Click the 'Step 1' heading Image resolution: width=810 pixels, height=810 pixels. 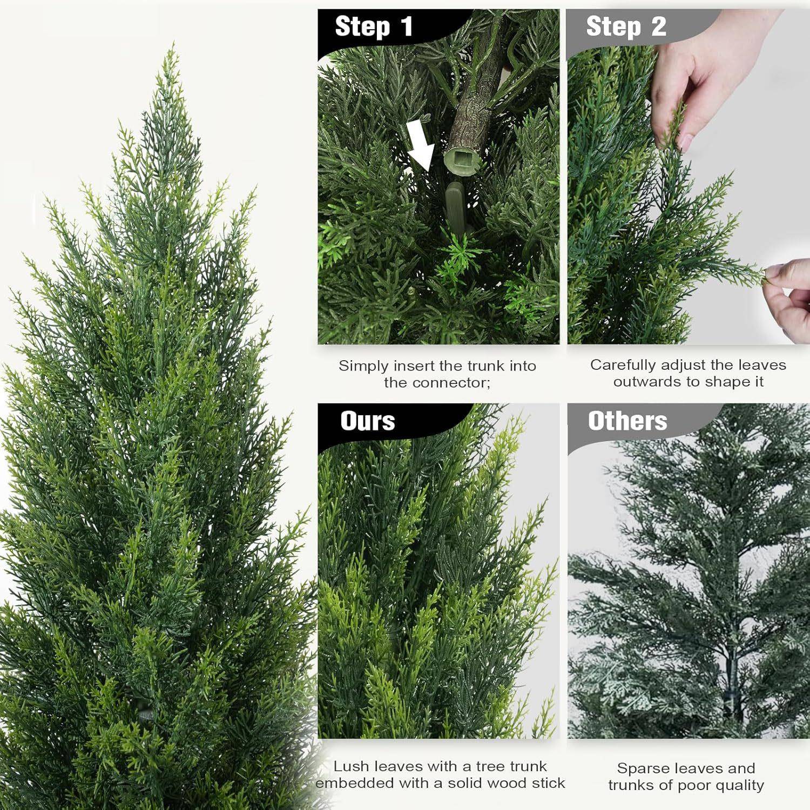point(374,27)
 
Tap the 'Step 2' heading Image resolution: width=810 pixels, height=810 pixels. point(626,27)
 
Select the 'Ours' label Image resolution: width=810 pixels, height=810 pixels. point(368,421)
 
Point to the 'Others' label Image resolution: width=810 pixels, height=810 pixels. point(627,421)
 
